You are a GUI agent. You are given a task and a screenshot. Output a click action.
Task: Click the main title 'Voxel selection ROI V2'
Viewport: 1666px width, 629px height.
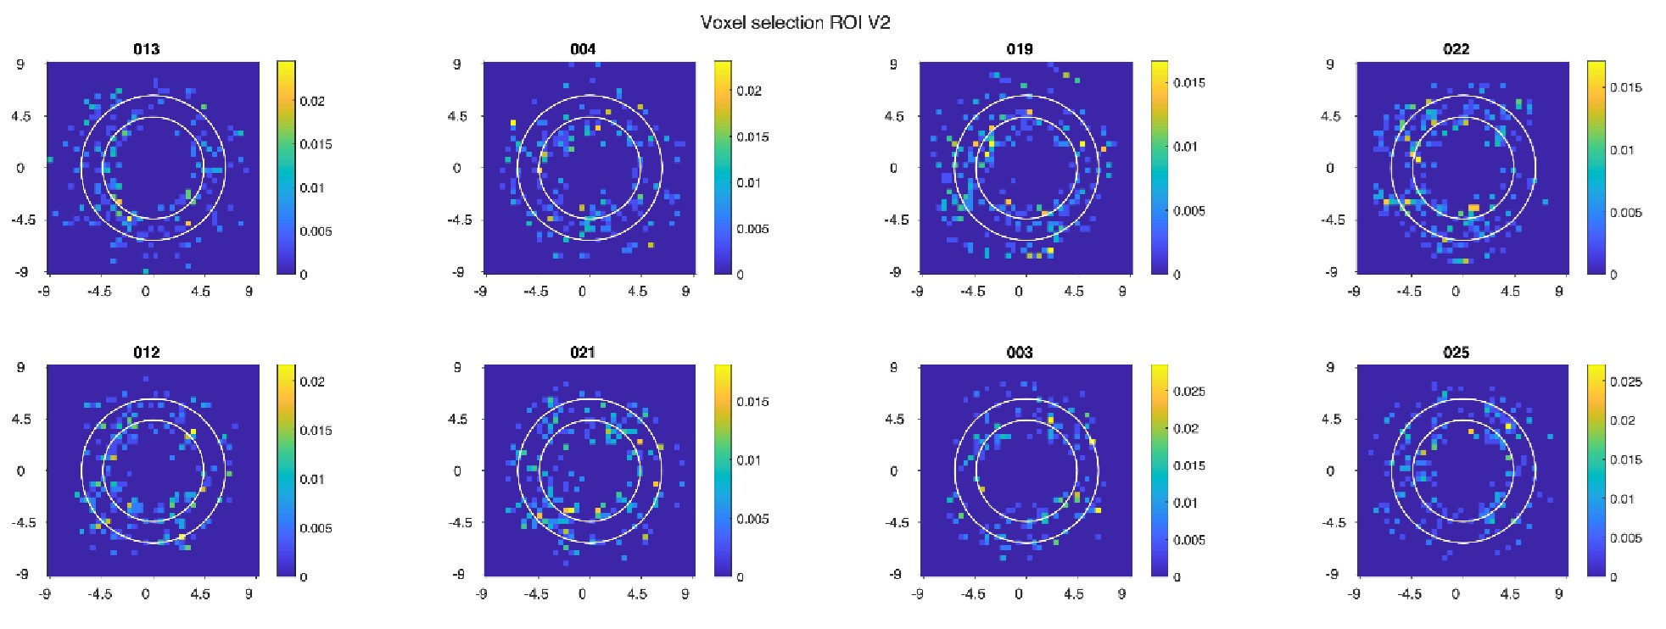(795, 22)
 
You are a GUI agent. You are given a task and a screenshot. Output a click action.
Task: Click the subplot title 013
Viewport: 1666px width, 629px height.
(146, 49)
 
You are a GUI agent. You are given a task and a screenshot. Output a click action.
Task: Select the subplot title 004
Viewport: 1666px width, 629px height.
(583, 49)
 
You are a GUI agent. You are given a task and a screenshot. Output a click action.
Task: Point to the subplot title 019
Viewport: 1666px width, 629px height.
(1020, 49)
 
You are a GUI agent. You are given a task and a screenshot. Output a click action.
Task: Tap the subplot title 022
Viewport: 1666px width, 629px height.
(1456, 49)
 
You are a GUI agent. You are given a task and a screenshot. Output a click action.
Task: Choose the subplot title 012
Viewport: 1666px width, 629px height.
(146, 353)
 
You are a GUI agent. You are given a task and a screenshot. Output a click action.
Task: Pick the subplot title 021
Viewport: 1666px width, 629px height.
(583, 353)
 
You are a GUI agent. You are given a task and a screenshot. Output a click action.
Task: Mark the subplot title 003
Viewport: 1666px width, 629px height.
(1020, 353)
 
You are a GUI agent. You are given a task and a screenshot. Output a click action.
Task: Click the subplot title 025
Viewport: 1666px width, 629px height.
(1456, 353)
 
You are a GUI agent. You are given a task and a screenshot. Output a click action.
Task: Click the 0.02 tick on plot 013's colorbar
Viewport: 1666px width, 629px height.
(312, 101)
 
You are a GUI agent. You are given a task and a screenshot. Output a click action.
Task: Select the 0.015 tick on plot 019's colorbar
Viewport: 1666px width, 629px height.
(1188, 83)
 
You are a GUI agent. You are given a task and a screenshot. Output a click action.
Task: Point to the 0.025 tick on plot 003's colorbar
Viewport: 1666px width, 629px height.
(1188, 392)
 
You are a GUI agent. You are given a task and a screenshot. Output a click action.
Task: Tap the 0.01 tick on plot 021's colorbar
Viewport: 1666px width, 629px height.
(749, 460)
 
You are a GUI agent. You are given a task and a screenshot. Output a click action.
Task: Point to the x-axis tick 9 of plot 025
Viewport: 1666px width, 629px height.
(1558, 594)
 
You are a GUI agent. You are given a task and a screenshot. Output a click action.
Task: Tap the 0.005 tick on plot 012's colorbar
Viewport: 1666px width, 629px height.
(316, 528)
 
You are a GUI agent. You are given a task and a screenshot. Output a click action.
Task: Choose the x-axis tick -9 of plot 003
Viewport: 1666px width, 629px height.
(917, 594)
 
